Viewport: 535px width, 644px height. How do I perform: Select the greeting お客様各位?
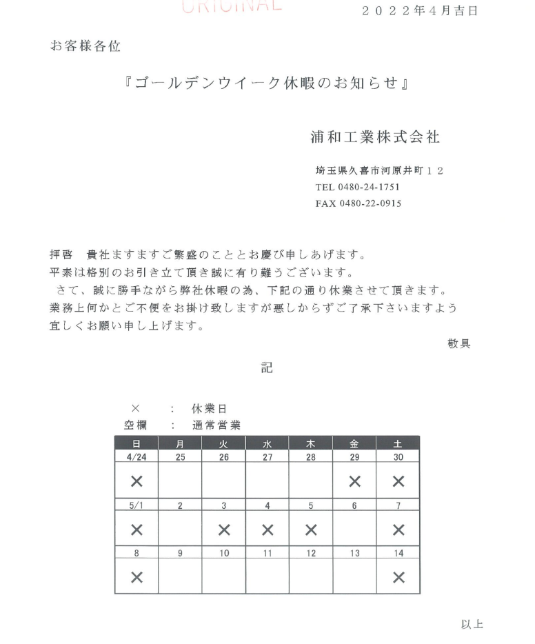click(85, 46)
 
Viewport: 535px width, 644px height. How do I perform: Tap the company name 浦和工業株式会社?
click(375, 137)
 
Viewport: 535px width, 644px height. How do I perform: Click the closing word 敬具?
click(459, 343)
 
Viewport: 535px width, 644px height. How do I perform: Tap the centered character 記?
click(267, 368)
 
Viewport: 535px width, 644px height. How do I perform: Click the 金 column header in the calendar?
click(354, 443)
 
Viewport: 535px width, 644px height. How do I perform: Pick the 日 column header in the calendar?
click(137, 443)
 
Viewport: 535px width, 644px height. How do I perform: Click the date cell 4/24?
click(137, 456)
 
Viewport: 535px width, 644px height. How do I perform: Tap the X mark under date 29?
click(354, 481)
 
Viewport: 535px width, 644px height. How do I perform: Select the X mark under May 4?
click(267, 530)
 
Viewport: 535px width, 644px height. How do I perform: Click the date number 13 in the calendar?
click(354, 552)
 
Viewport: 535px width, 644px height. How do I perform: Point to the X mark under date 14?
click(398, 577)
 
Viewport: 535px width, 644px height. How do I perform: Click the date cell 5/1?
click(137, 505)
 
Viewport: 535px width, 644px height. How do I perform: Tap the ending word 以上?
click(472, 625)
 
